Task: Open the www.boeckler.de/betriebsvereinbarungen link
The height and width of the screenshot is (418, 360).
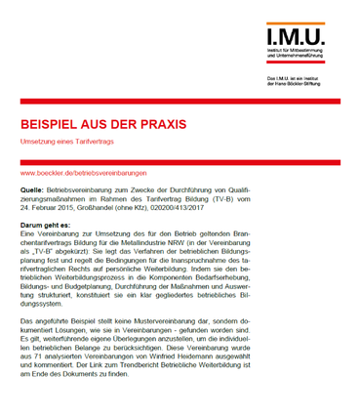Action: coord(82,173)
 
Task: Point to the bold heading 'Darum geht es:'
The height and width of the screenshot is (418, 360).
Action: coord(46,226)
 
